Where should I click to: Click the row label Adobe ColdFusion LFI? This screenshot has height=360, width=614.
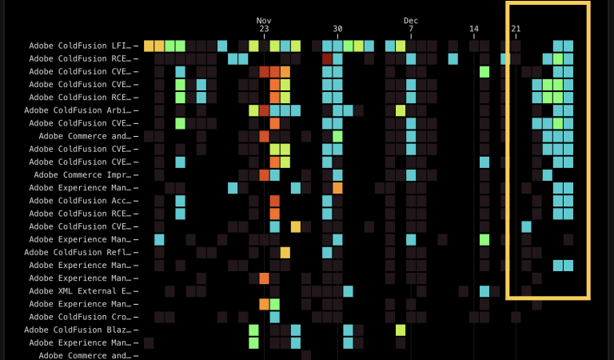(x=80, y=46)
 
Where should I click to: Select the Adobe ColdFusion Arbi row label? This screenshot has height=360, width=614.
(x=78, y=110)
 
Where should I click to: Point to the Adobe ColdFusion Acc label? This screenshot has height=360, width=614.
(x=80, y=201)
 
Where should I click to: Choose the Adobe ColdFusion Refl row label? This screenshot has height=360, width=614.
(x=78, y=252)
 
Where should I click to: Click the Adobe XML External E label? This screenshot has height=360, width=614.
(x=80, y=291)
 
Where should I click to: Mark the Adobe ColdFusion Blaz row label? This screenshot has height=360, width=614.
(x=78, y=330)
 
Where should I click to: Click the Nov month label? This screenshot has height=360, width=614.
(x=264, y=20)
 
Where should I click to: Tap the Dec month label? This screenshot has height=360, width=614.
(x=411, y=20)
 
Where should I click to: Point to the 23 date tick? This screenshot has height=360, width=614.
(x=264, y=30)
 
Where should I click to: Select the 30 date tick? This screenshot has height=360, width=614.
(x=337, y=30)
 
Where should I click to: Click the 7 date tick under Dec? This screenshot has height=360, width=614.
(x=411, y=30)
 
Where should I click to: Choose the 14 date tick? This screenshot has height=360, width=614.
(x=474, y=30)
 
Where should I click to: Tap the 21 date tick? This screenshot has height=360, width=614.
(x=516, y=30)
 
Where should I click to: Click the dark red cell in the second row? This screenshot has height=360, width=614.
(x=327, y=58)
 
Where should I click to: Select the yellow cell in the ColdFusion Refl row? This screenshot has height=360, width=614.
(x=285, y=253)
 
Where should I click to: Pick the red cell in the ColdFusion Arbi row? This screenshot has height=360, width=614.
(x=265, y=110)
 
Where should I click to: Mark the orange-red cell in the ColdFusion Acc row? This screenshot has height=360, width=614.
(x=275, y=201)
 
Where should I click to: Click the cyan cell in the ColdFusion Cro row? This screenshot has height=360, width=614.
(x=275, y=317)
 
